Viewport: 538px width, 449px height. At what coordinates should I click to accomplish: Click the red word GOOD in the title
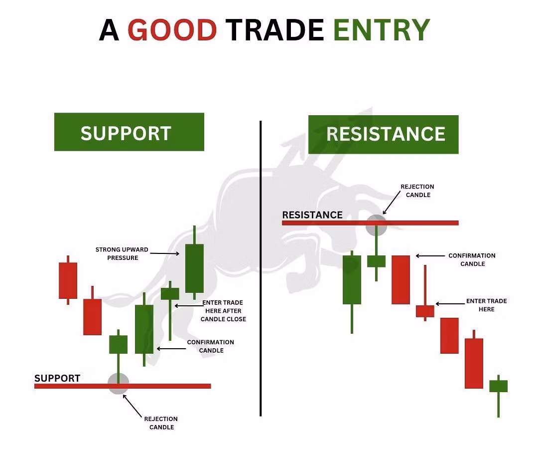[172, 29]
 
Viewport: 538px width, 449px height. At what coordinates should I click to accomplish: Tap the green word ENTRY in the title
[382, 29]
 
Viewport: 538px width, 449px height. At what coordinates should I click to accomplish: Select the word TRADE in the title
[275, 29]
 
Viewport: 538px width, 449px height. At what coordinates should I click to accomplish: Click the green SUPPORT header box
[129, 132]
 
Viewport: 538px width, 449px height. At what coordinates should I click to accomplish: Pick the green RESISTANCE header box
[383, 134]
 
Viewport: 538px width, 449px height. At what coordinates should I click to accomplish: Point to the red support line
[123, 386]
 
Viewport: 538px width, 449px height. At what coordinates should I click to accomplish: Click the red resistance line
[370, 223]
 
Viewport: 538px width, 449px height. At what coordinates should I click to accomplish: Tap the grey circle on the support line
[119, 383]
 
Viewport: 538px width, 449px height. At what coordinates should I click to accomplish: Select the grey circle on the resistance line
[377, 225]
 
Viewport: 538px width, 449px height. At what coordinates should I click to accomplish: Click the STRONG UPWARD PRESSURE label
[122, 253]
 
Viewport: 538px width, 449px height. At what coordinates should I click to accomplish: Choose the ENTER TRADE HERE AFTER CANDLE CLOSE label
[223, 310]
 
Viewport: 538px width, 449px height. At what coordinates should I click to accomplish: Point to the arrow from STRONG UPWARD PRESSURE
[165, 253]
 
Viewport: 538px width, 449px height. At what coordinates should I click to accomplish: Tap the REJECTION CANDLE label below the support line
[161, 423]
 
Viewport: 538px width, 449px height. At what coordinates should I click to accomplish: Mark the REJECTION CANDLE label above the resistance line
[417, 191]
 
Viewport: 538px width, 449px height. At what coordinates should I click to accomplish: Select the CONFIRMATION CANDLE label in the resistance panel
[472, 260]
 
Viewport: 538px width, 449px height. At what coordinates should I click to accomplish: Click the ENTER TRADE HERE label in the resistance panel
[487, 305]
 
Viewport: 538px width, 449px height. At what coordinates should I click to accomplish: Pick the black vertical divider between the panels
[261, 268]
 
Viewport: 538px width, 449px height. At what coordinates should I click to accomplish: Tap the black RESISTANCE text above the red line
[312, 215]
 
